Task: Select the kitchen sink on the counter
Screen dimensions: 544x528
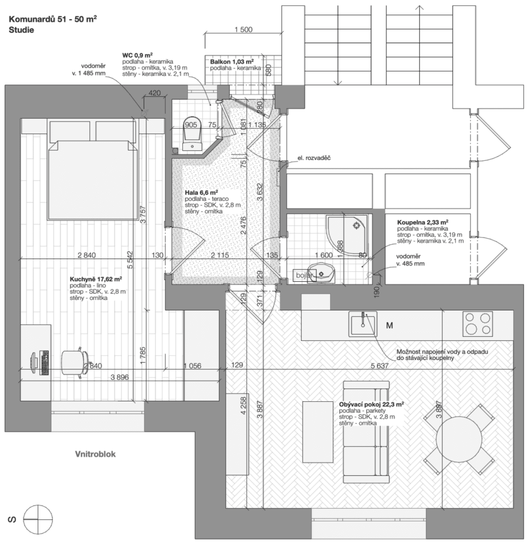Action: pyautogui.click(x=362, y=325)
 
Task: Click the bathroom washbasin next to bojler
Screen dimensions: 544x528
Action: pyautogui.click(x=323, y=274)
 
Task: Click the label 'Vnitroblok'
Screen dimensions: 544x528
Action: pyautogui.click(x=95, y=454)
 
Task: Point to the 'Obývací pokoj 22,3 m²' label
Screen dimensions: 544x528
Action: pyautogui.click(x=372, y=404)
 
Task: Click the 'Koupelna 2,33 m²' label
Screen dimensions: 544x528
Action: pyautogui.click(x=422, y=223)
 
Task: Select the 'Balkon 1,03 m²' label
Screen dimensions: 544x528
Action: pyautogui.click(x=231, y=61)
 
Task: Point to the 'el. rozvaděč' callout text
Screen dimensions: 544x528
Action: pyautogui.click(x=314, y=157)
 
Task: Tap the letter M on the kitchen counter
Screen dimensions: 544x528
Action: pyautogui.click(x=389, y=325)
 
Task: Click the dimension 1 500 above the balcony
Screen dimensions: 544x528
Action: pyautogui.click(x=243, y=30)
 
